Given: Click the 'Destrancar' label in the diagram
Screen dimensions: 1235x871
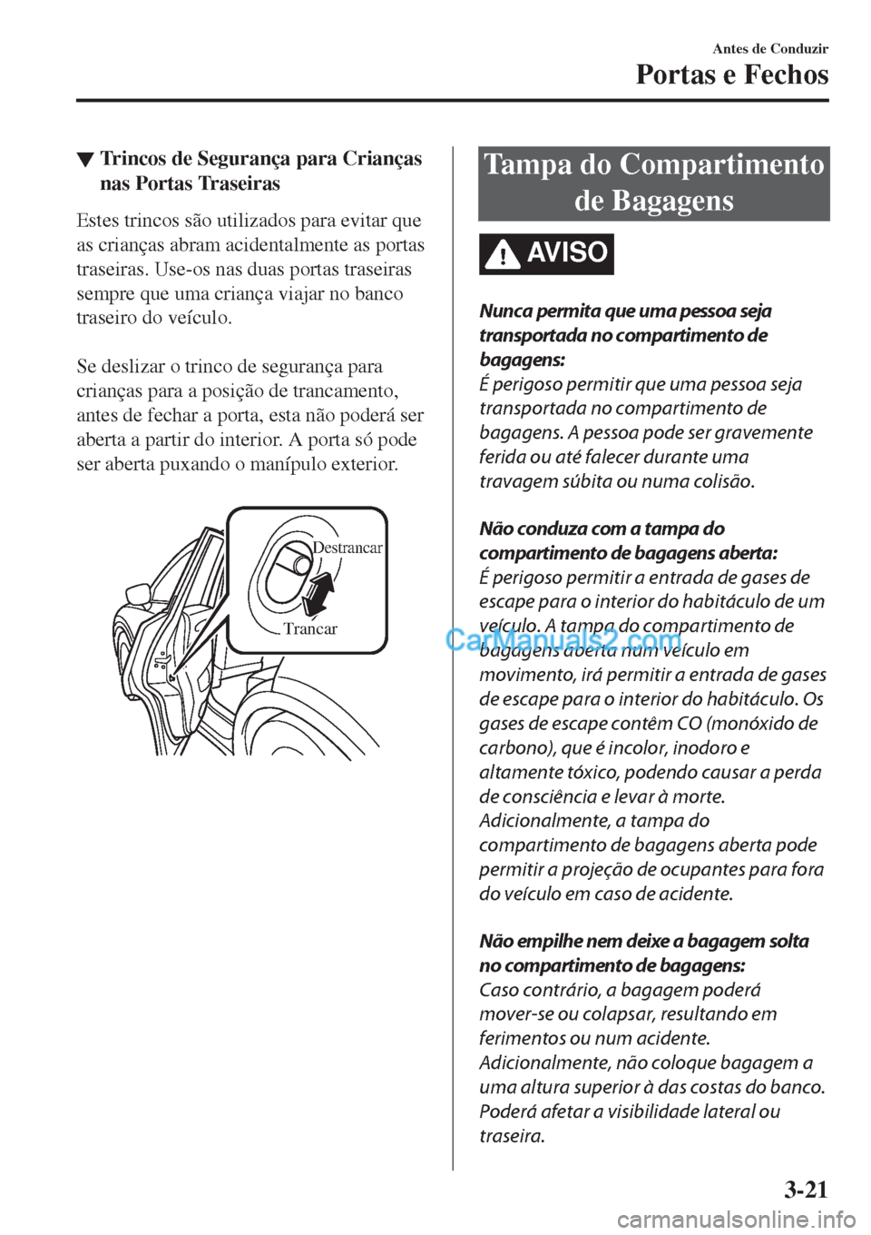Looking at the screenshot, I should coord(347,548).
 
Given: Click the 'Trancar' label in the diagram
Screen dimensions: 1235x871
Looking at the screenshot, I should coord(309,628).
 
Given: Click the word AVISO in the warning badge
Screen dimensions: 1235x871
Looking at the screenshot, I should coord(566,252).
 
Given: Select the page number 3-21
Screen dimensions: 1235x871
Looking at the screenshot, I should coord(805,1186).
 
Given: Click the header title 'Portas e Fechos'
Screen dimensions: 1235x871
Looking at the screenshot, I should coord(731,74).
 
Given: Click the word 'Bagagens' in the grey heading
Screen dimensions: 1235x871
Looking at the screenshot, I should coord(679,200).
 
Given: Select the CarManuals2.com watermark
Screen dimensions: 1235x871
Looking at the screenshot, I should coord(563,642).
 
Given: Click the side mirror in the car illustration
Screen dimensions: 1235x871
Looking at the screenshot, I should coord(138,594).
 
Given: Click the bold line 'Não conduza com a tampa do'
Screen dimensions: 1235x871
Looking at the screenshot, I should coord(602,529).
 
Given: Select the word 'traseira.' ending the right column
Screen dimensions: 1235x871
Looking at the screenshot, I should coord(512,1135).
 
